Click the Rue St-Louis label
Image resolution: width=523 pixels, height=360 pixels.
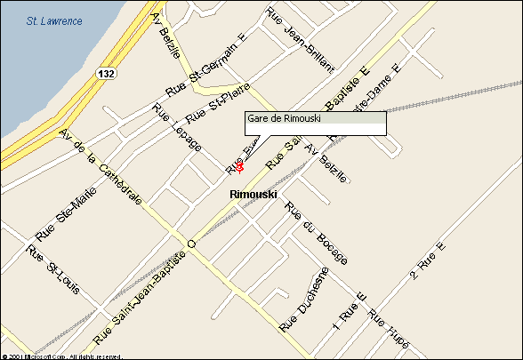[x=52, y=269]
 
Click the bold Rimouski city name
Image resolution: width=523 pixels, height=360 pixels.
[x=253, y=194]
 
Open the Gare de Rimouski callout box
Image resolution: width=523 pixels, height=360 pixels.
[x=316, y=123]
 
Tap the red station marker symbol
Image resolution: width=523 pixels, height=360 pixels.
[x=240, y=166]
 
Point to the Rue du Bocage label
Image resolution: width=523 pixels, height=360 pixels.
[x=315, y=233]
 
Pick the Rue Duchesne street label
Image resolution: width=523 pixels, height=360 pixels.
[x=304, y=300]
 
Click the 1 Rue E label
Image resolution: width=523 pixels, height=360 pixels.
[x=350, y=307]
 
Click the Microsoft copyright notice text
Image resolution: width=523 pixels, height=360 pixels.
[x=62, y=356]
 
